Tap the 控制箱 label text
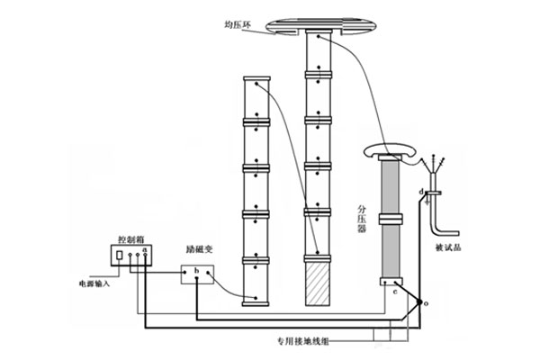pyautogui.click(x=132, y=241)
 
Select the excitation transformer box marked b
pyautogui.click(x=195, y=274)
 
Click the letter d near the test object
pyautogui.click(x=422, y=192)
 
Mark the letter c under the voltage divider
pyautogui.click(x=395, y=293)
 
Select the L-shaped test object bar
pyautogui.click(x=443, y=216)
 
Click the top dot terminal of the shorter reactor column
pyautogui.click(x=256, y=85)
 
